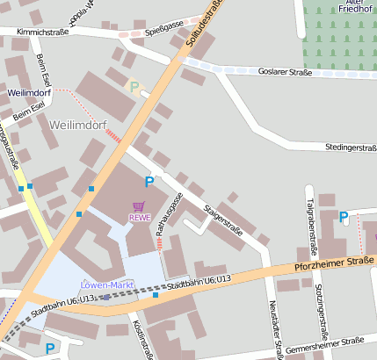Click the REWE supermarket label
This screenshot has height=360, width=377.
[139, 217]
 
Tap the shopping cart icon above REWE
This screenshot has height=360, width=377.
[138, 206]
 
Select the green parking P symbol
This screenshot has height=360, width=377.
[134, 87]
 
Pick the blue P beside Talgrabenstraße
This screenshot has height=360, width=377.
[344, 217]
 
